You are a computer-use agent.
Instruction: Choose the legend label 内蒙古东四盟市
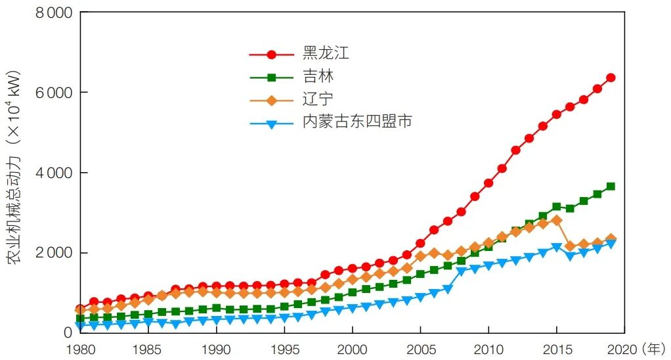tap(357, 122)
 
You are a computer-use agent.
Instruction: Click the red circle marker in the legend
tap(271, 55)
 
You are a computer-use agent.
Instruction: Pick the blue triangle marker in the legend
tap(271, 123)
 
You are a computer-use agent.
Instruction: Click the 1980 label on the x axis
tap(80, 348)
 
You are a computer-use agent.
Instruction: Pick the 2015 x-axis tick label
tap(556, 348)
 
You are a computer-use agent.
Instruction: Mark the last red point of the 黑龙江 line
tap(611, 78)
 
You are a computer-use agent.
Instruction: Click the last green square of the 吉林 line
tap(611, 187)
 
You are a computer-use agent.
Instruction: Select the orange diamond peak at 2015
tap(557, 220)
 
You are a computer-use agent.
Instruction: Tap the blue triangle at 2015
tap(557, 248)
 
